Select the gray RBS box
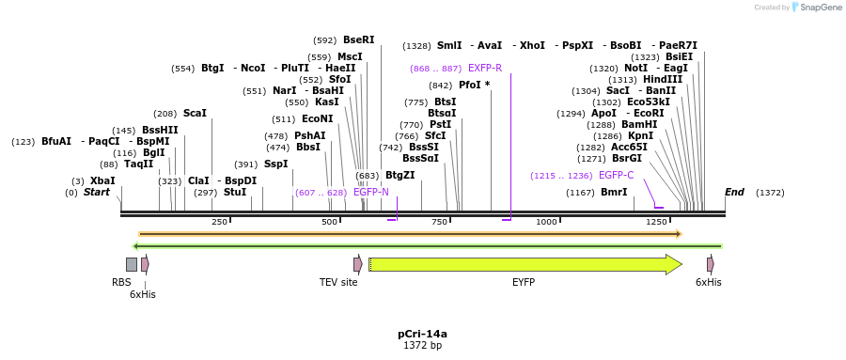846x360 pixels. (x=132, y=264)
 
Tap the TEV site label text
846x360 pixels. (x=338, y=282)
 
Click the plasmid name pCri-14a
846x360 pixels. (x=422, y=334)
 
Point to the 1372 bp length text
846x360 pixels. (x=422, y=346)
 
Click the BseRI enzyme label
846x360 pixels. (x=358, y=40)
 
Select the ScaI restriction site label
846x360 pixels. (x=195, y=113)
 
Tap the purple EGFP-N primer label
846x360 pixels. (x=371, y=192)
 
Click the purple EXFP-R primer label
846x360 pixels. (x=485, y=69)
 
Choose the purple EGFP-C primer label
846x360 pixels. (x=617, y=175)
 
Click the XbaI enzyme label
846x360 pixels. (x=102, y=180)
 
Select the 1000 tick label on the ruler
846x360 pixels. (x=546, y=222)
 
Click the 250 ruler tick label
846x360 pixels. (x=219, y=222)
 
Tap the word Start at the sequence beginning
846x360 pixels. (x=97, y=193)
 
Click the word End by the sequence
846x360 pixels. (x=734, y=193)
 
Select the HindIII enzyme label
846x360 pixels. (x=663, y=80)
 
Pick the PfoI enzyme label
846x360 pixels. (x=474, y=85)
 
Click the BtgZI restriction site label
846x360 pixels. (x=399, y=176)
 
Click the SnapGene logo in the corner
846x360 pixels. (x=813, y=8)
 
